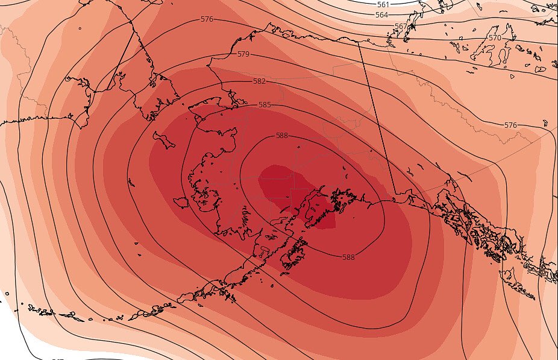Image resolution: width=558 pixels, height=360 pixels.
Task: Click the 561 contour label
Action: pyautogui.click(x=383, y=4)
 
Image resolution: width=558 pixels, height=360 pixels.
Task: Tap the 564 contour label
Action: pyautogui.click(x=382, y=14)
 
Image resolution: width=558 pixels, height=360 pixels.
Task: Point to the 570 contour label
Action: pyautogui.click(x=495, y=38)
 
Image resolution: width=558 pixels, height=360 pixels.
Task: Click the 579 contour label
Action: pyautogui.click(x=243, y=54)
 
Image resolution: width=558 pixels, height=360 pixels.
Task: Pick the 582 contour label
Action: pyautogui.click(x=259, y=81)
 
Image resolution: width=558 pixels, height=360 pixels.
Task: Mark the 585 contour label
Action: pyautogui.click(x=265, y=104)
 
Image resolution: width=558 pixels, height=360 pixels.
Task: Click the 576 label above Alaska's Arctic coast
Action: pyautogui.click(x=207, y=19)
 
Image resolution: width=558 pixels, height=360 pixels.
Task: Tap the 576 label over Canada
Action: pyautogui.click(x=510, y=125)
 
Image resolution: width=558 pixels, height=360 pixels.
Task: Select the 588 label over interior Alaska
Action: pyautogui.click(x=282, y=136)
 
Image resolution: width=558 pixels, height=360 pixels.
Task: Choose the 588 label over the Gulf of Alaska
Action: pyautogui.click(x=348, y=257)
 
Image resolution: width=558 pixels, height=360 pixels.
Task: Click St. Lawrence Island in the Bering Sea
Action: pyautogui.click(x=163, y=140)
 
